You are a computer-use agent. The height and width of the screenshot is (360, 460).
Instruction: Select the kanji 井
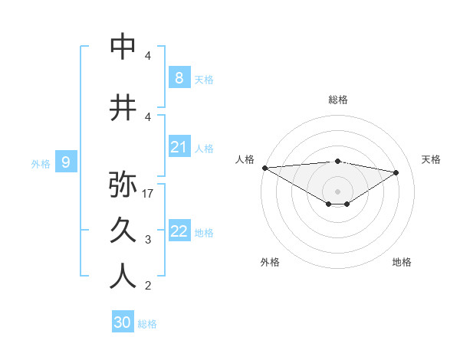click(x=123, y=109)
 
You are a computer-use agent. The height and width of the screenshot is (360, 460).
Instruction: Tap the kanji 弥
click(x=123, y=184)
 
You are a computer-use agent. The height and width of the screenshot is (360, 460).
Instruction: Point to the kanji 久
click(x=123, y=231)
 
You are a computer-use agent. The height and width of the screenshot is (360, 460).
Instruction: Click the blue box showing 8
click(x=179, y=78)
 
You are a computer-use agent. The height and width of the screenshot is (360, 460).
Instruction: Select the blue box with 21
click(x=179, y=147)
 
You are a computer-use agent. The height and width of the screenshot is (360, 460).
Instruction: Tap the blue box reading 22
click(x=179, y=231)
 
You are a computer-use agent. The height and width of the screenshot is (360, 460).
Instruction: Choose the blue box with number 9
click(x=66, y=162)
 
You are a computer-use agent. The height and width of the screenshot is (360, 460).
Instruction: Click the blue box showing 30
click(x=122, y=322)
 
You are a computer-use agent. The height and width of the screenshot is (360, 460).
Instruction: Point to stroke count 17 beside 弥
click(x=148, y=194)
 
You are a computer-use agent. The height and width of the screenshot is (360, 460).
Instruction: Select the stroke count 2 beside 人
click(x=148, y=286)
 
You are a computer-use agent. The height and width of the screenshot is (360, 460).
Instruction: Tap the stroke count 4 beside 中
click(x=148, y=56)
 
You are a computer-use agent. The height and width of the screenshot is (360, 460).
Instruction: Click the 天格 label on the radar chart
click(x=431, y=159)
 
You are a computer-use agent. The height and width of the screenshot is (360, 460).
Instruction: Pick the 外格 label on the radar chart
click(x=270, y=262)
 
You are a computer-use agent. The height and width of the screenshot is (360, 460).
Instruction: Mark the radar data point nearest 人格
click(x=264, y=168)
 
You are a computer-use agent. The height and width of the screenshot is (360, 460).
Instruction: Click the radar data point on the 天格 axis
click(x=396, y=172)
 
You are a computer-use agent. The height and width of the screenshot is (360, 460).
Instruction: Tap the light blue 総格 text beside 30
click(x=147, y=324)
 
